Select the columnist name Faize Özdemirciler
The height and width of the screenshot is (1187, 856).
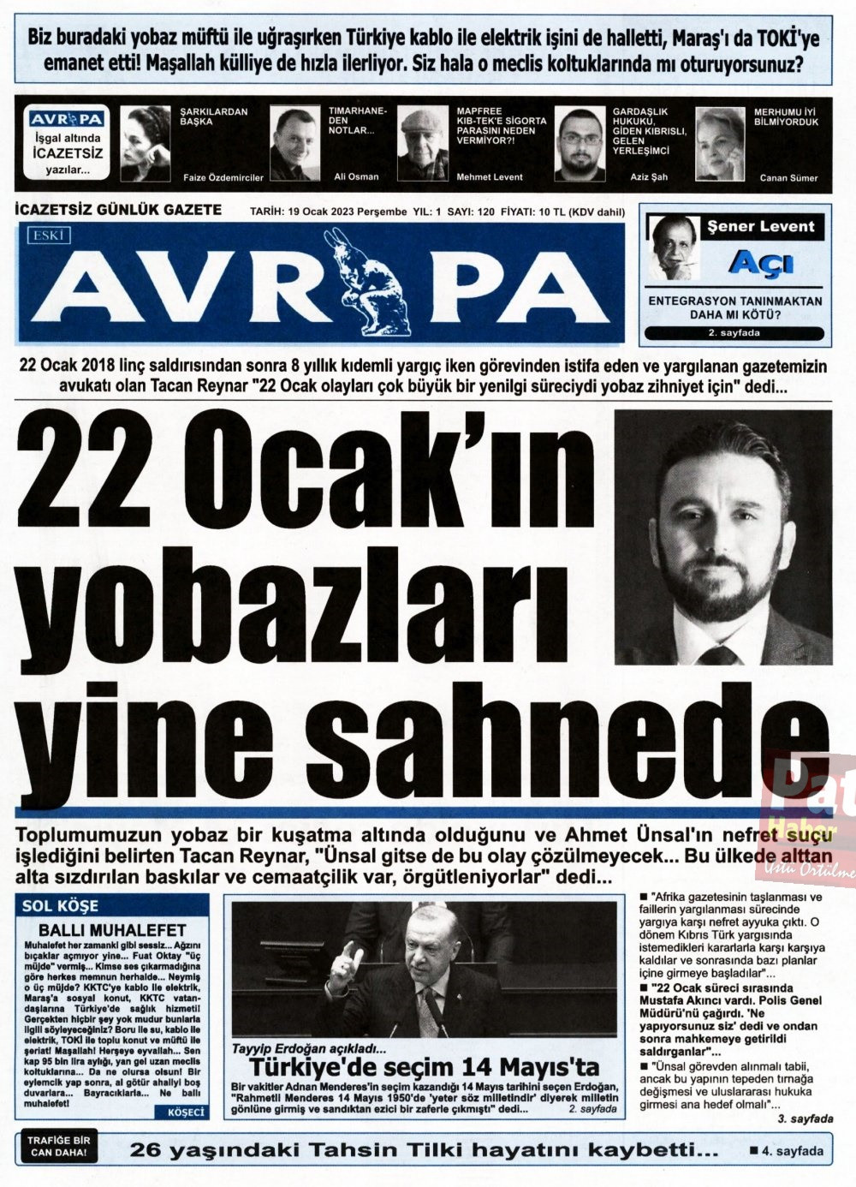pos(223,178)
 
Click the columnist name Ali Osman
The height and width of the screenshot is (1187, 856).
pos(356,177)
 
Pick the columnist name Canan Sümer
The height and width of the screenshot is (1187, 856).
pos(788,178)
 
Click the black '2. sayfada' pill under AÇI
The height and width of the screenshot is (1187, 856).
pos(735,333)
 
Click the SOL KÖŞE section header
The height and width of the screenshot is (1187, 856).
pos(60,905)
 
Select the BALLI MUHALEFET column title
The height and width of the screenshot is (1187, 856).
pos(112,929)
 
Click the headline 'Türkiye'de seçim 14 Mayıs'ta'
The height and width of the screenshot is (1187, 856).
pos(424,1067)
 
